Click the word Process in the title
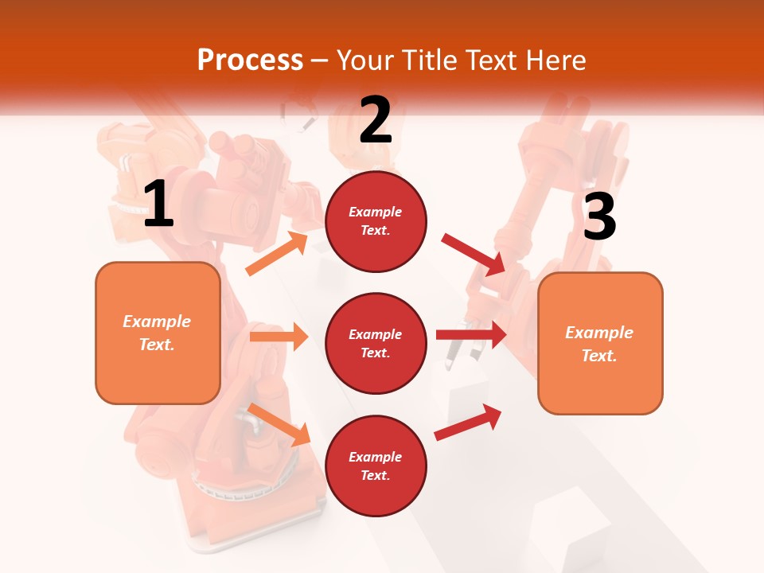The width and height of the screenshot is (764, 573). point(250,60)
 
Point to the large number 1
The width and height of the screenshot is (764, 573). point(158,204)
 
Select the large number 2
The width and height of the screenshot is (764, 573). point(376,119)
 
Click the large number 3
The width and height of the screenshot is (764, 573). point(599,216)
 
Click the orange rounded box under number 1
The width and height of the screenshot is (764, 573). point(158,333)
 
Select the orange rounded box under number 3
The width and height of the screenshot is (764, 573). point(600,343)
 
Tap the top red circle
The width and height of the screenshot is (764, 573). point(376,221)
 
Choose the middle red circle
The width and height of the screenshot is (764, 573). point(376,343)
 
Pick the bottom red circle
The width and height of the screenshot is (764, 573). point(376,466)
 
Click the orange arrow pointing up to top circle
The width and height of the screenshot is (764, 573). point(277,253)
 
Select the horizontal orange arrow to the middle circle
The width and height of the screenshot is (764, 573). point(279,337)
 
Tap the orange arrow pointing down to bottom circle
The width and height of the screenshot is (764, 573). point(279,423)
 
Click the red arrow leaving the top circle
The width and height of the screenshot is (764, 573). point(474,254)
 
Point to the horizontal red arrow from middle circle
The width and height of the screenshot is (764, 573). point(471,334)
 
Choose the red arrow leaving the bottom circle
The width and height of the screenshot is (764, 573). point(468,423)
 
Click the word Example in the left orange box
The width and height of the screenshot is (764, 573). point(157,322)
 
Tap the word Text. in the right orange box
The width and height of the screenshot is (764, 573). point(599,356)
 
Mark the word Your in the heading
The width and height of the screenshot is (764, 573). point(366,60)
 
